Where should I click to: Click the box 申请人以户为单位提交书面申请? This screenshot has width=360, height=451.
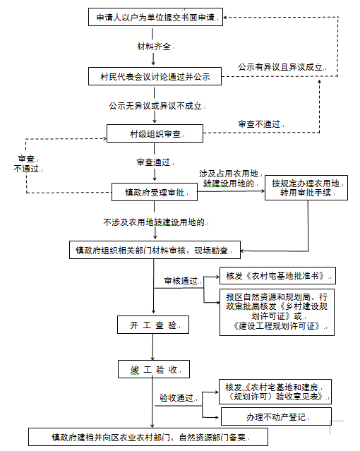pos(155,17)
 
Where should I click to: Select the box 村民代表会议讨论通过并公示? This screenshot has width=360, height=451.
pos(155,76)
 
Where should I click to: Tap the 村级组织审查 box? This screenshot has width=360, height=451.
pos(155,133)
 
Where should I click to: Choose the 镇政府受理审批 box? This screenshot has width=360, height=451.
pos(155,192)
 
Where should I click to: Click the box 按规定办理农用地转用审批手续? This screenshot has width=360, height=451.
pos(306,188)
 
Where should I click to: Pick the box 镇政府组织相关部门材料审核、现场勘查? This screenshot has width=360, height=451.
pos(155,250)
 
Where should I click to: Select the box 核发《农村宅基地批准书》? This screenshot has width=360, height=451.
pos(277,275)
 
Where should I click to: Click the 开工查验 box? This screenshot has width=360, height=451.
pos(153,325)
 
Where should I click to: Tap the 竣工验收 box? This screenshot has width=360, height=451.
pos(154,369)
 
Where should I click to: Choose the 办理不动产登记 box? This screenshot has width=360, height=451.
pos(276,416)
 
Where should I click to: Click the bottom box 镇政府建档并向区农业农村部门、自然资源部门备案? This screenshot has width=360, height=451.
pos(148,437)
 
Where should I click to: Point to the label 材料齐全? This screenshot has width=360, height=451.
pos(155,47)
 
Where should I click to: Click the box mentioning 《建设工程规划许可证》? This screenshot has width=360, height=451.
pos(277,312)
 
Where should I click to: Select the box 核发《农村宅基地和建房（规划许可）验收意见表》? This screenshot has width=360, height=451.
pos(275,392)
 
